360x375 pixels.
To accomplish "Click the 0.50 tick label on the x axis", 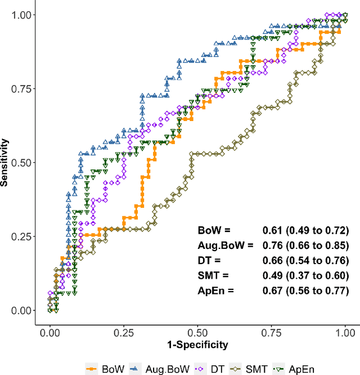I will [197, 332].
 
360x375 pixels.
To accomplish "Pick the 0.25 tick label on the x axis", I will [124, 332].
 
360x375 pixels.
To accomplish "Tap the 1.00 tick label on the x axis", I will [345, 332].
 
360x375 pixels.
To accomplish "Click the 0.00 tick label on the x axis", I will [49, 332].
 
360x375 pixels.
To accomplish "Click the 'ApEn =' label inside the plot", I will [216, 291].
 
